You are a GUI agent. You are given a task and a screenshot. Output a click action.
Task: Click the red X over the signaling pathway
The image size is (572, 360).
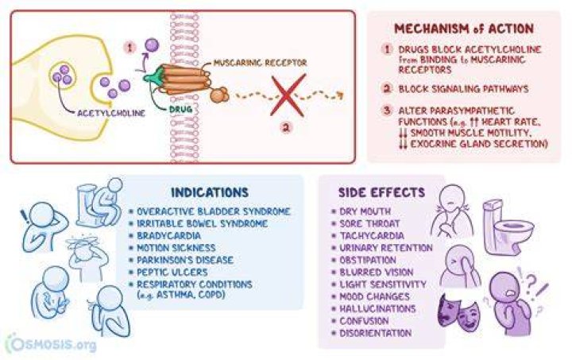[288, 95]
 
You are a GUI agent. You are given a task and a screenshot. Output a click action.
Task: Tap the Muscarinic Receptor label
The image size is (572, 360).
[260, 63]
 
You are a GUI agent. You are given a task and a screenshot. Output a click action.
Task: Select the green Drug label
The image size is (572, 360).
[180, 109]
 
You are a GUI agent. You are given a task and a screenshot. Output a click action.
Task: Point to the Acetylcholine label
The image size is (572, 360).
[111, 113]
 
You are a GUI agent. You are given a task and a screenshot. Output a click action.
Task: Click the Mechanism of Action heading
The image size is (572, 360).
[464, 29]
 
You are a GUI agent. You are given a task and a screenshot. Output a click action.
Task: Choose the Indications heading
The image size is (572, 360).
[210, 192]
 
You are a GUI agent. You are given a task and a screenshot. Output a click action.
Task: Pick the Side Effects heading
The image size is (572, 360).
[381, 192]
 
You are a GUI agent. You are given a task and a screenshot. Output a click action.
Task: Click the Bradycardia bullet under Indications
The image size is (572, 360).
[168, 235]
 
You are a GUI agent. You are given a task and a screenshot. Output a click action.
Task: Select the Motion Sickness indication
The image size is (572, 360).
[176, 248]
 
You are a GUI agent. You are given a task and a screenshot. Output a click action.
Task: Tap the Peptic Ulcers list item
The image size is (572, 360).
[172, 272]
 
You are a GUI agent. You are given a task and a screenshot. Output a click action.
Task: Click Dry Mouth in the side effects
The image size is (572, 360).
[365, 211]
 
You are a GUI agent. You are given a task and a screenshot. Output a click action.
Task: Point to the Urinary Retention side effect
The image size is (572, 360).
[386, 248]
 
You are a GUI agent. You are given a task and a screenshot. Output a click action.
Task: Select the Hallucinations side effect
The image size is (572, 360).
[377, 308]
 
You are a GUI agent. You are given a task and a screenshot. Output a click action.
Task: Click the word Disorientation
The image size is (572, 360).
[375, 333]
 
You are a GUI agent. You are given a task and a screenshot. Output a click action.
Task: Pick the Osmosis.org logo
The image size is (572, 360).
[51, 343]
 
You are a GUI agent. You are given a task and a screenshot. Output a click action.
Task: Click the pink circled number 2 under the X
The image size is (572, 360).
[286, 128]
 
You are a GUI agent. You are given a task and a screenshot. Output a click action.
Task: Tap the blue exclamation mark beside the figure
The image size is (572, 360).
[25, 218]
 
